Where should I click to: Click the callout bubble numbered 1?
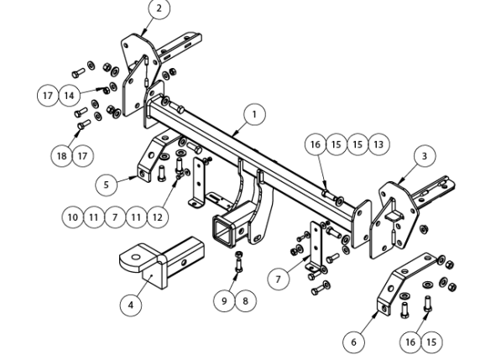click(254, 114)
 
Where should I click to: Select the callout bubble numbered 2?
click(159, 8)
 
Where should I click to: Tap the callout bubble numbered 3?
click(424, 156)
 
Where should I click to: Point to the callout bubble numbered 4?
click(131, 305)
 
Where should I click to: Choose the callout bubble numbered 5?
click(107, 185)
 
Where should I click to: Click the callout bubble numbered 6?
click(353, 342)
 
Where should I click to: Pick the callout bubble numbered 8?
click(245, 301)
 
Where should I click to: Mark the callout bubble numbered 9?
click(224, 301)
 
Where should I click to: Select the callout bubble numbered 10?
click(73, 217)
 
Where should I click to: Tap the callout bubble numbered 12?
click(157, 217)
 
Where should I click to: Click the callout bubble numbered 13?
click(379, 144)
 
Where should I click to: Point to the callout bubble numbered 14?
click(70, 95)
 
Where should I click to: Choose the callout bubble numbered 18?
click(61, 156)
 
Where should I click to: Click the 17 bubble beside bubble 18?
click(82, 156)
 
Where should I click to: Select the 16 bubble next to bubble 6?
click(410, 342)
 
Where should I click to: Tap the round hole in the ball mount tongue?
click(136, 257)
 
